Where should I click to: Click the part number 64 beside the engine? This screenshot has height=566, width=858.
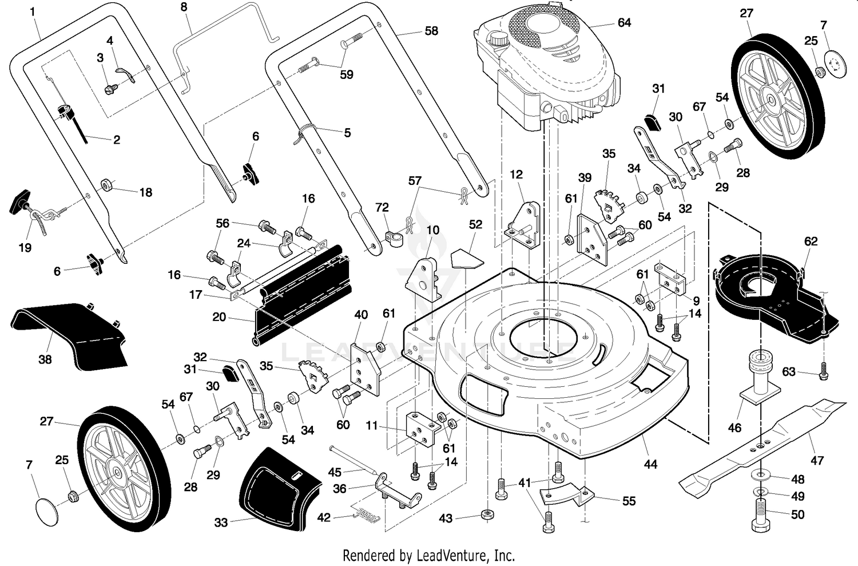[x=624, y=23]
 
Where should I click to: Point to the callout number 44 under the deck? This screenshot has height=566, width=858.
[x=650, y=465]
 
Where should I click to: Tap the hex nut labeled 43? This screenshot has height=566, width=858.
[x=487, y=514]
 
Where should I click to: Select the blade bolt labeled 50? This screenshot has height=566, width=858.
[x=761, y=516]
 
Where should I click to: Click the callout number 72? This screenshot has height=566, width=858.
[x=382, y=208]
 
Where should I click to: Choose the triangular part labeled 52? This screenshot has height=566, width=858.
[x=467, y=259]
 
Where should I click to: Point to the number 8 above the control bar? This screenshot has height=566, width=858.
[x=184, y=7]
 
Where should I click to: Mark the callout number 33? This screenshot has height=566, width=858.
[x=221, y=523]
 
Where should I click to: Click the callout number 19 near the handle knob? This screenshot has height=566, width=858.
[x=25, y=248]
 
